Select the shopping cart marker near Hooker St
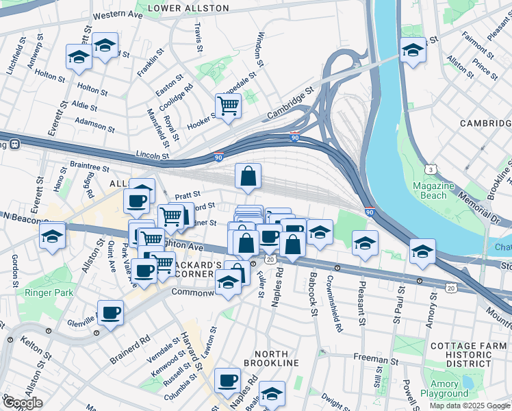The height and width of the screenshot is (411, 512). [228, 106]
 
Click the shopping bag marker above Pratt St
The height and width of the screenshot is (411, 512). [248, 176]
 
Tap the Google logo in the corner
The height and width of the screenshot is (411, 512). [22, 403]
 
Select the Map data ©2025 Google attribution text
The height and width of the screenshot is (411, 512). [469, 406]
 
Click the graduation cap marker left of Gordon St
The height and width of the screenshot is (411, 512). [51, 237]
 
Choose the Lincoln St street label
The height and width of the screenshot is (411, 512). [152, 156]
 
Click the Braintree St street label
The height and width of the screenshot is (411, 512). [90, 166]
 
